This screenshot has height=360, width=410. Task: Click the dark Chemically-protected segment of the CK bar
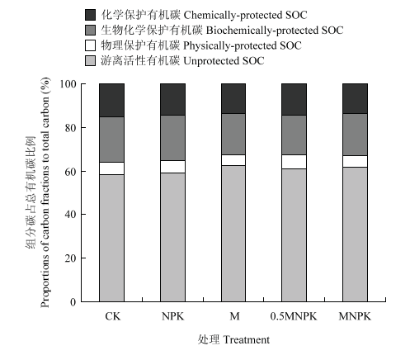pos(111,100)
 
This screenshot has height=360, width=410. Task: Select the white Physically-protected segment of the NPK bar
pos(172,167)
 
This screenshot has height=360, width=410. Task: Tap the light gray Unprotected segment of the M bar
pos(233,234)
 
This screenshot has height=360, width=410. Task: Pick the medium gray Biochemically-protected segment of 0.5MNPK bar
pos(294,135)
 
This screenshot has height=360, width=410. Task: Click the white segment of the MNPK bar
pos(355,162)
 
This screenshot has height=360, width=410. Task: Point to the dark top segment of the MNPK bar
pos(355,98)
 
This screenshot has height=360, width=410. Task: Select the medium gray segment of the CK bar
pos(111,140)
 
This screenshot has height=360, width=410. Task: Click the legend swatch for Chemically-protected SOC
pos(90,15)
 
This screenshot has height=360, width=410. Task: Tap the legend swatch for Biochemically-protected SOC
pos(90,30)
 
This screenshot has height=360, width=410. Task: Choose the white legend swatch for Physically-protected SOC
pos(90,45)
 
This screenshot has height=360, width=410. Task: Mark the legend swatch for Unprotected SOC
pos(90,60)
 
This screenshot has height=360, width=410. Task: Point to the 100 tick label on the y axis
pos(68,84)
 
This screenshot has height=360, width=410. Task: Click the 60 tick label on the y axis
pos(70,171)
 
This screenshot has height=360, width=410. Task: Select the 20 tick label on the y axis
pos(70,258)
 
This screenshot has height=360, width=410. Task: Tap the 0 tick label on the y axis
pos(73,302)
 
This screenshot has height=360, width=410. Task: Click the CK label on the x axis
pos(113,316)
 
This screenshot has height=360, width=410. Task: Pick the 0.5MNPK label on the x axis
pos(294,316)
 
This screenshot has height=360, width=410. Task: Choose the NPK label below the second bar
pos(172,316)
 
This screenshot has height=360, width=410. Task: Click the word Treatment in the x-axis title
pos(246,340)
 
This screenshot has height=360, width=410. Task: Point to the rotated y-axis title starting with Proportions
pos(45,192)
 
